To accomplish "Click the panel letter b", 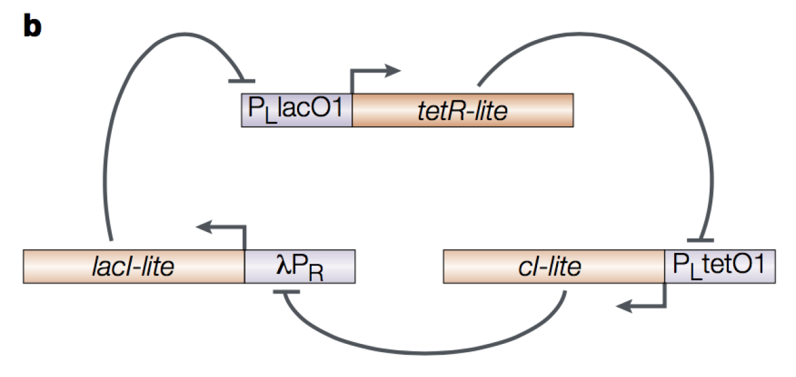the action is click(x=32, y=25).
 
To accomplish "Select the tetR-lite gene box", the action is click(x=463, y=111).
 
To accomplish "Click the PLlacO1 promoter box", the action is click(x=296, y=111).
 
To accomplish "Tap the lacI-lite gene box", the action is click(x=134, y=266).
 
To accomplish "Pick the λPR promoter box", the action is click(x=300, y=266).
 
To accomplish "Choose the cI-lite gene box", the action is click(x=554, y=266).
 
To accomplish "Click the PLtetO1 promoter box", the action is click(x=720, y=266).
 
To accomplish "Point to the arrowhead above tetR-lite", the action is click(x=393, y=71).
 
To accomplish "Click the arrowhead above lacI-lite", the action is click(x=204, y=227).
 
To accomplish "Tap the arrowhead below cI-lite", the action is click(x=624, y=306).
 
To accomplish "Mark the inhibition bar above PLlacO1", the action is click(x=242, y=81).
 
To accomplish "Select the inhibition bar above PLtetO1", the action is click(x=700, y=241).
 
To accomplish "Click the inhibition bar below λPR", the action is click(x=286, y=292).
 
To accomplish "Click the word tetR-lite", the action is click(x=463, y=111).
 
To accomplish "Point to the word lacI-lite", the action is click(x=133, y=266).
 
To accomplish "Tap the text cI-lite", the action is click(x=550, y=266).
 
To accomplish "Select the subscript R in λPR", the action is click(x=316, y=273).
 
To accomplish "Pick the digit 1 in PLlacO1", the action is click(x=338, y=107).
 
